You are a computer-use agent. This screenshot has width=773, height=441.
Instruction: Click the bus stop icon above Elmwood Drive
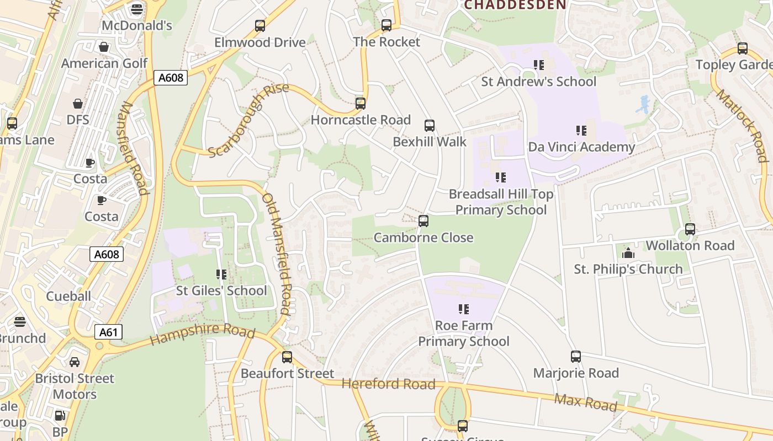(260, 26)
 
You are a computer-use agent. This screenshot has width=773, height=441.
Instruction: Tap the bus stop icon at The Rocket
(386, 25)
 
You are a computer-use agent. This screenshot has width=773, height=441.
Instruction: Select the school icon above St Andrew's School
(539, 65)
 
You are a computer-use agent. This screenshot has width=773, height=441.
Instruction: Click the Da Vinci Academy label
(581, 147)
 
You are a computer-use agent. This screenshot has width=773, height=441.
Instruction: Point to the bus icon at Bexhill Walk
(430, 126)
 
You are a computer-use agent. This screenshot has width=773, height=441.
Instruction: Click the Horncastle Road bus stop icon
(361, 104)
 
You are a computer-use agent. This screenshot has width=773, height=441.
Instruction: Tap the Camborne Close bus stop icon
(423, 221)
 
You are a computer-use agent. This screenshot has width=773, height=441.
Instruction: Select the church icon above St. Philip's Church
(628, 253)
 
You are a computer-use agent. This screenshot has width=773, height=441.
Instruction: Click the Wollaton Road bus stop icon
(690, 229)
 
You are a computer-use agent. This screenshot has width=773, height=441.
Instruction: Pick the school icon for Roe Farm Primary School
(464, 309)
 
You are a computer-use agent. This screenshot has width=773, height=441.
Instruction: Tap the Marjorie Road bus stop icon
(576, 357)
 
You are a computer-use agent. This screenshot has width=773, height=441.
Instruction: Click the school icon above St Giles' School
(221, 275)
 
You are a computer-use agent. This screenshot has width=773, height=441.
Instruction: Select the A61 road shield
(108, 332)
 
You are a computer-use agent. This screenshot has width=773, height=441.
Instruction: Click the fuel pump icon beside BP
(60, 416)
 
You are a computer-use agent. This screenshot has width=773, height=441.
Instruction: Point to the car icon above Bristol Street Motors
(75, 362)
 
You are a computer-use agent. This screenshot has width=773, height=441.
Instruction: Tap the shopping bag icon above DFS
(78, 104)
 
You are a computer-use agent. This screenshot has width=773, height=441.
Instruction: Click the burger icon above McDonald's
(137, 9)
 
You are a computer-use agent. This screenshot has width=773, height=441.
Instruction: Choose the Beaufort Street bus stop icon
(287, 357)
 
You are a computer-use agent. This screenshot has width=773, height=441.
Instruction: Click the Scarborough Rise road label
(249, 121)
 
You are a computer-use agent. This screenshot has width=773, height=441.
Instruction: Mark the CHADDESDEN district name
(515, 6)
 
